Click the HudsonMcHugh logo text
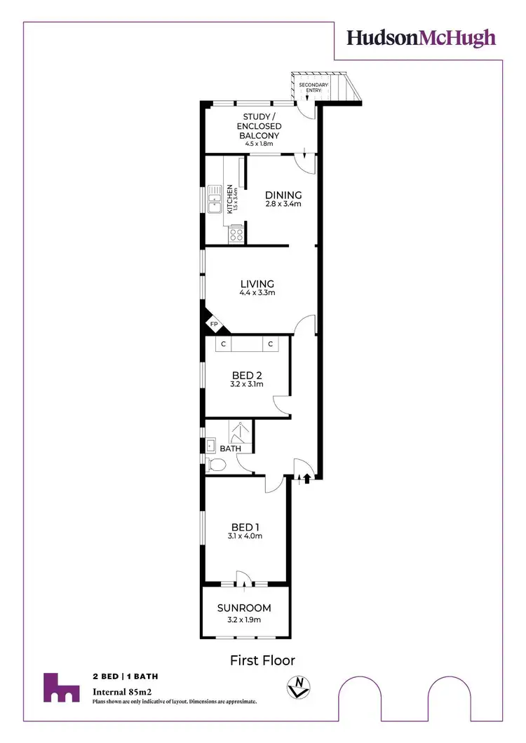click(x=422, y=38)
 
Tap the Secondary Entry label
click(x=313, y=88)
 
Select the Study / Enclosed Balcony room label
click(x=262, y=126)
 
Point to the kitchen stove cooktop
click(x=236, y=235)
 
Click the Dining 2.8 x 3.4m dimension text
click(x=283, y=205)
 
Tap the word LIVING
click(x=257, y=284)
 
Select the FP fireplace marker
click(x=216, y=325)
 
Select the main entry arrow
click(x=306, y=478)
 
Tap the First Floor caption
click(x=262, y=660)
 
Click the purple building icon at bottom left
click(x=60, y=688)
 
